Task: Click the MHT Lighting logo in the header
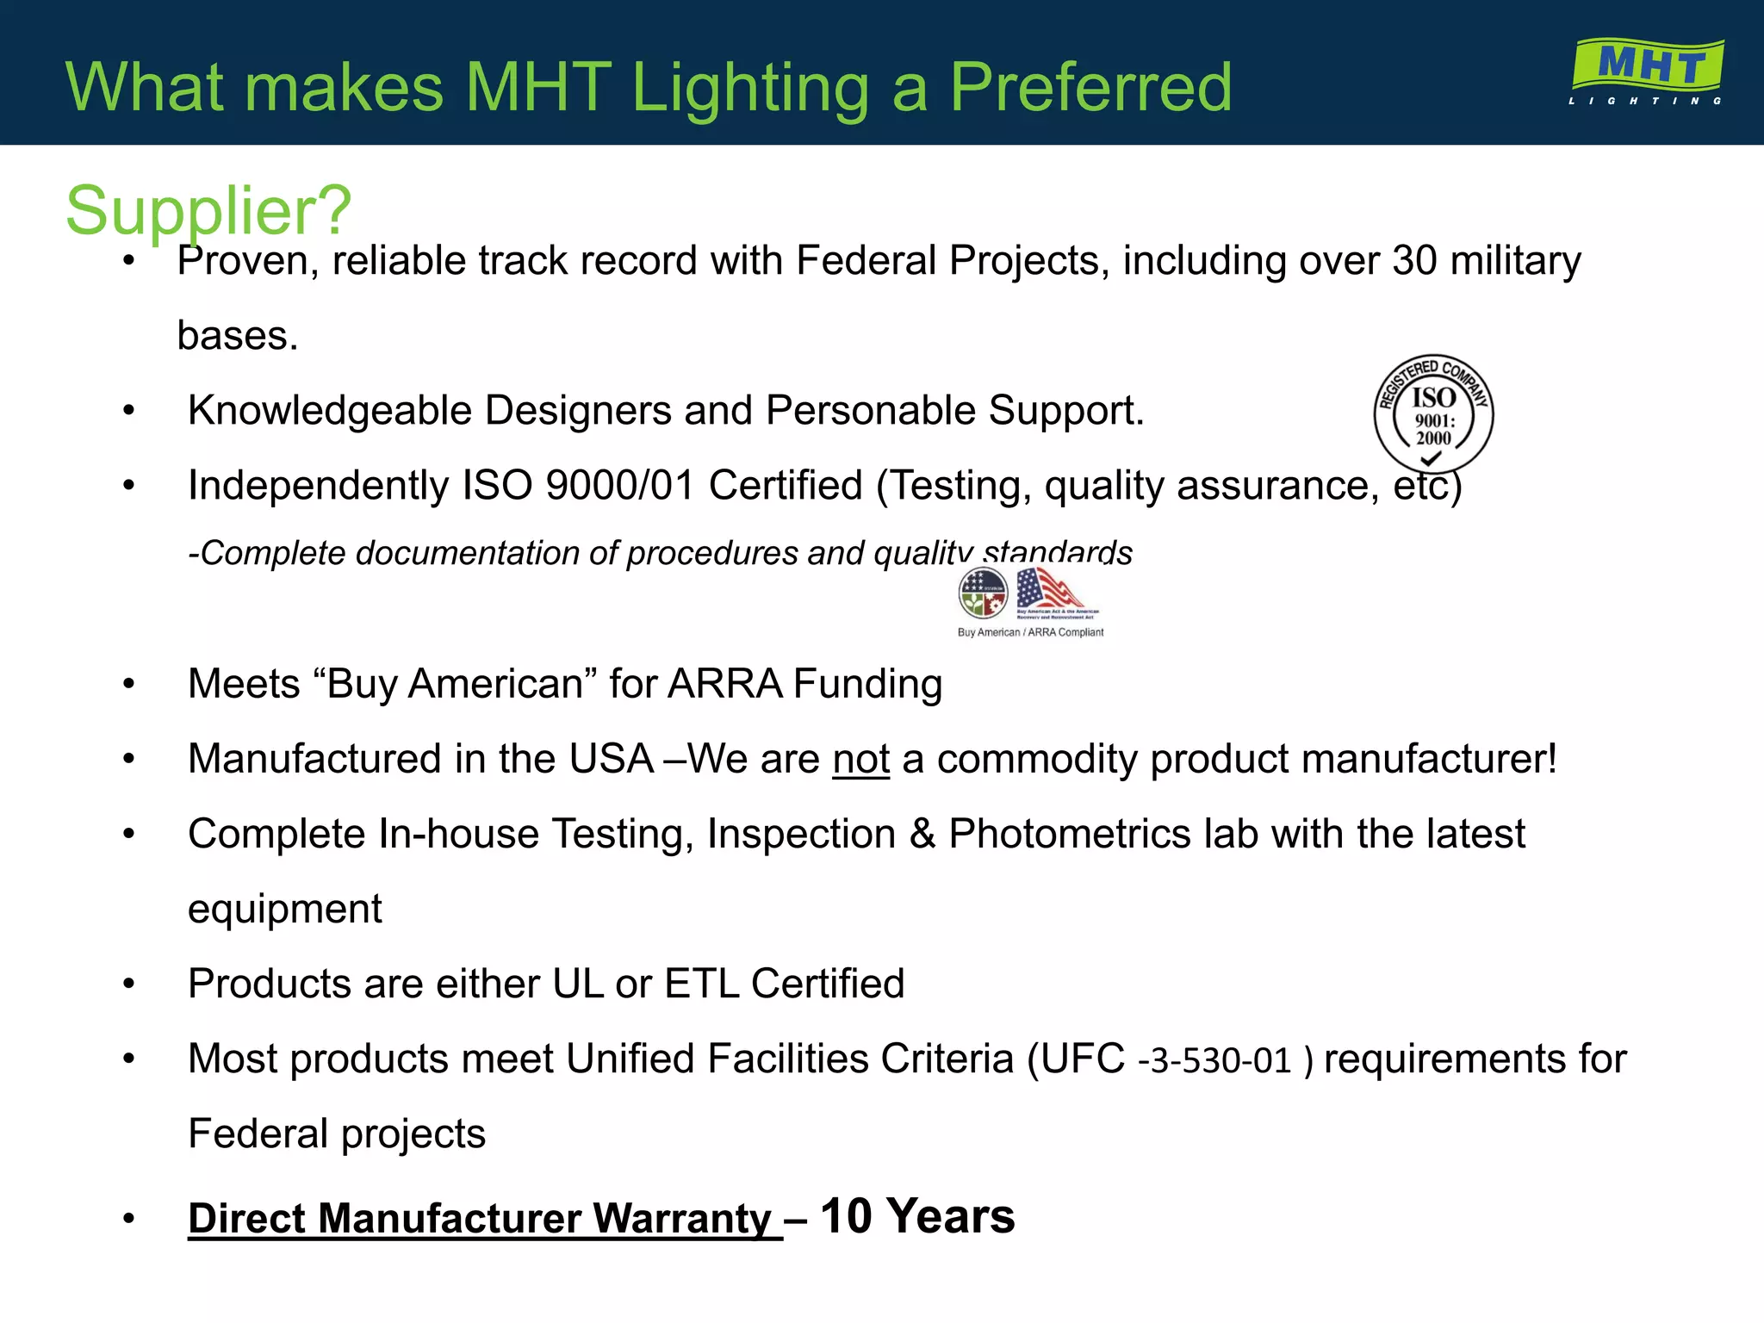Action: pyautogui.click(x=1646, y=71)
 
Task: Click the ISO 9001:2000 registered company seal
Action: pyautogui.click(x=1433, y=414)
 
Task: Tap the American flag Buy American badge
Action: pyautogui.click(x=1056, y=593)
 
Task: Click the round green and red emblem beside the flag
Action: pyautogui.click(x=983, y=593)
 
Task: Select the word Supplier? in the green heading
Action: pyautogui.click(x=208, y=211)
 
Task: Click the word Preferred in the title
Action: pyautogui.click(x=1090, y=87)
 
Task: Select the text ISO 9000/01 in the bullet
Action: pyautogui.click(x=578, y=486)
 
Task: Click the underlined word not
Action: pyautogui.click(x=860, y=760)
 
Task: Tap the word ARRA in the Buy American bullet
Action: pyautogui.click(x=724, y=685)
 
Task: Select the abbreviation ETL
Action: pyautogui.click(x=701, y=984)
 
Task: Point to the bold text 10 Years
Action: pyautogui.click(x=916, y=1217)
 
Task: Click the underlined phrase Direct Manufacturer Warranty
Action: pyautogui.click(x=484, y=1220)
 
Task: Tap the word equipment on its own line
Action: pyautogui.click(x=285, y=910)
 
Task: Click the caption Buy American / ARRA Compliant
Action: pyautogui.click(x=1030, y=632)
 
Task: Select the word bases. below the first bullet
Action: pyautogui.click(x=238, y=336)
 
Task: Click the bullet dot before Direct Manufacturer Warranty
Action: pyautogui.click(x=129, y=1219)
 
